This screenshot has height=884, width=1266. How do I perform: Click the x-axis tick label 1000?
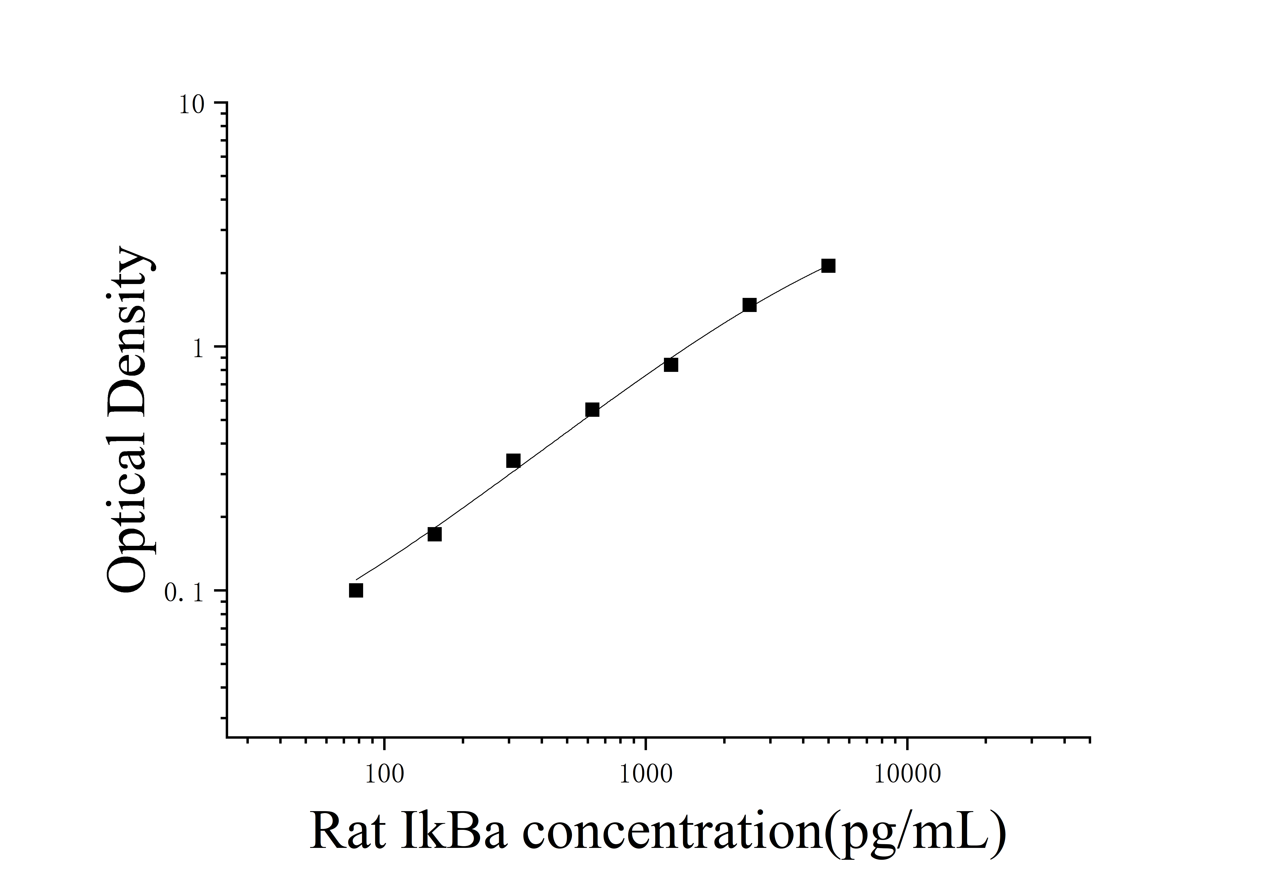point(646,774)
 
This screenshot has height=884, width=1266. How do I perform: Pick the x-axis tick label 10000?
point(907,774)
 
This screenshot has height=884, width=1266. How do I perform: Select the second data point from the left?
point(434,534)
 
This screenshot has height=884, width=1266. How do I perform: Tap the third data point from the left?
point(513,460)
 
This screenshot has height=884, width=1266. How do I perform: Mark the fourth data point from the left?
point(592,409)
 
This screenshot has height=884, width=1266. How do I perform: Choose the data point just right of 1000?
point(671,365)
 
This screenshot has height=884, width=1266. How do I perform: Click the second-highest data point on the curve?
point(749,305)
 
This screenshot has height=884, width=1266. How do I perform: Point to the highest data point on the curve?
point(828,266)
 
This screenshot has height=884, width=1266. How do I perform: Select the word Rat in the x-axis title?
point(347,831)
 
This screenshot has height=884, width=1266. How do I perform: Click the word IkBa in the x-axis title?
point(453,831)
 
